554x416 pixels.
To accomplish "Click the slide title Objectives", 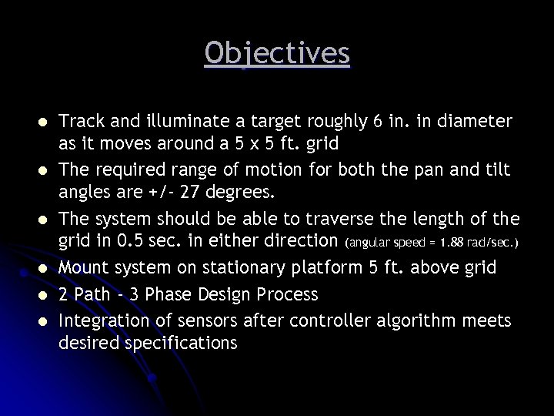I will tap(277, 54).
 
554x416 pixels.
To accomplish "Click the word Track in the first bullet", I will tap(80, 122).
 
